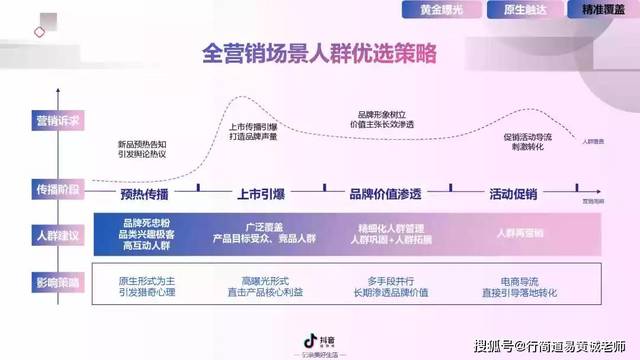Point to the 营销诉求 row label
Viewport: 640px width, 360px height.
tap(48, 121)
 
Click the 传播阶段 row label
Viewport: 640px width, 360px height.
tap(48, 190)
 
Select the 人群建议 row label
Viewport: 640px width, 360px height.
tap(48, 237)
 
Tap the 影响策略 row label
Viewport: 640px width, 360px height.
tap(48, 282)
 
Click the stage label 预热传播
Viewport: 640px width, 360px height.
tap(143, 194)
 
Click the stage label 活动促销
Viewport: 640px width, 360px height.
tap(515, 194)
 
